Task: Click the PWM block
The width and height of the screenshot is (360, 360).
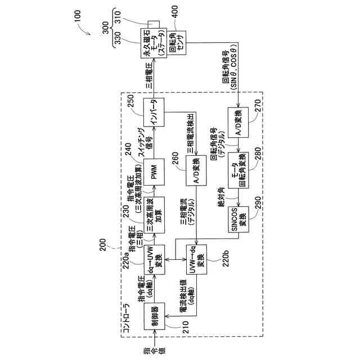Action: pos(153,171)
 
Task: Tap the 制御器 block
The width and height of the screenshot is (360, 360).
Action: pos(153,317)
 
